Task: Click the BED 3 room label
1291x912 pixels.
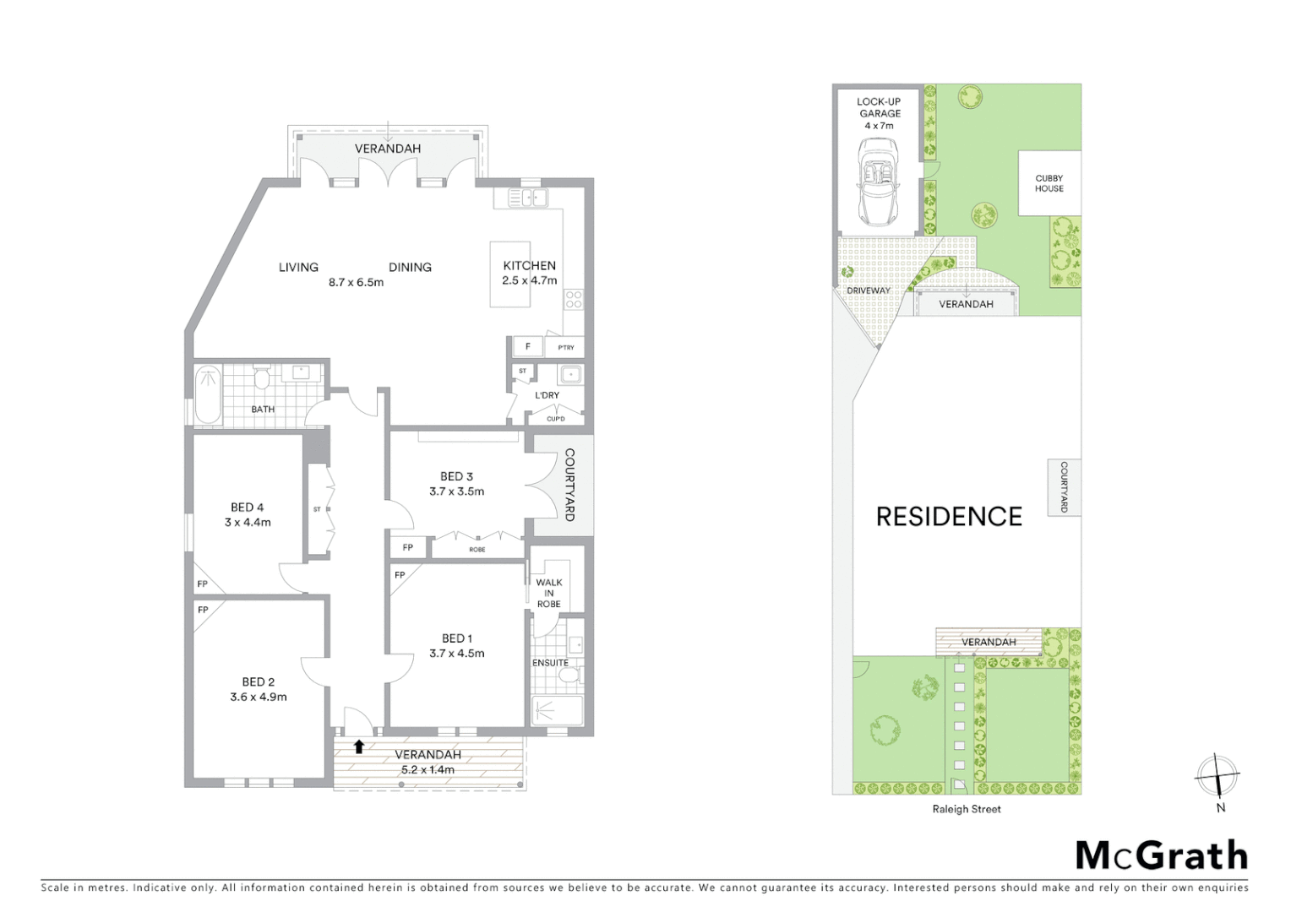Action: click(456, 476)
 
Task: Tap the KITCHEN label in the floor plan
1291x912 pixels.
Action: click(529, 265)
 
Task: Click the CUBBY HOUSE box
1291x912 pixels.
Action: click(1049, 183)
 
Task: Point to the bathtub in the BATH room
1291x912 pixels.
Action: click(207, 394)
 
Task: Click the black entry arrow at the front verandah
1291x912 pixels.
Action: click(359, 746)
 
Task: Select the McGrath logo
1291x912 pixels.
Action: click(1161, 855)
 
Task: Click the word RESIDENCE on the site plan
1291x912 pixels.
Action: click(949, 516)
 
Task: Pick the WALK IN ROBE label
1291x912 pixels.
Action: click(548, 593)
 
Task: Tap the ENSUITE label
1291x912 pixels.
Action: click(550, 663)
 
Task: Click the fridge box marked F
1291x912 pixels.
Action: click(528, 347)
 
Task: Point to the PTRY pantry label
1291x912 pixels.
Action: click(565, 348)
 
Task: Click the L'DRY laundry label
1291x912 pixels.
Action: click(547, 395)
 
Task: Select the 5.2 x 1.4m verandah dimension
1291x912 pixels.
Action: click(428, 769)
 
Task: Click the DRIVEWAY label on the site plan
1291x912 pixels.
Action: click(869, 290)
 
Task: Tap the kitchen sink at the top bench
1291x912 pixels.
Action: click(528, 198)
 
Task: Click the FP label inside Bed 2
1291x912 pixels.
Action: click(203, 610)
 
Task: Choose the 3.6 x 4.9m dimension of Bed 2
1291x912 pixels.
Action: click(259, 698)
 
